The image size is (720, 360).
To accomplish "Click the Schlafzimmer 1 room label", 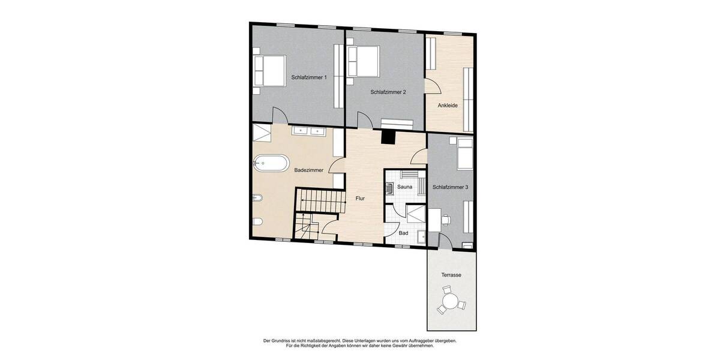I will point(309,77).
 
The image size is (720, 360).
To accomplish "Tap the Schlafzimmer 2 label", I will point(388,92).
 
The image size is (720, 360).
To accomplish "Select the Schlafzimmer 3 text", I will point(450,187).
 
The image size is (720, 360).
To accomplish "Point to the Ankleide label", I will point(448,106).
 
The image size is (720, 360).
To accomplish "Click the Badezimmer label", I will point(309,170).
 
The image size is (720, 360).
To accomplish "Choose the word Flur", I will point(360,198).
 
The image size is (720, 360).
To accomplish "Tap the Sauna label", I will point(404,188).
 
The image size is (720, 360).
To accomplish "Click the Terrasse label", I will point(451,275).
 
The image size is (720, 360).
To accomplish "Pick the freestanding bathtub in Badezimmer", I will point(271,163).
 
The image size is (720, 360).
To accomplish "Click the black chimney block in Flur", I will point(389,137).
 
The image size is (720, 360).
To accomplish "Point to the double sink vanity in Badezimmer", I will point(308,131).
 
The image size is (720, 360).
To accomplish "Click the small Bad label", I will point(403,233).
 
